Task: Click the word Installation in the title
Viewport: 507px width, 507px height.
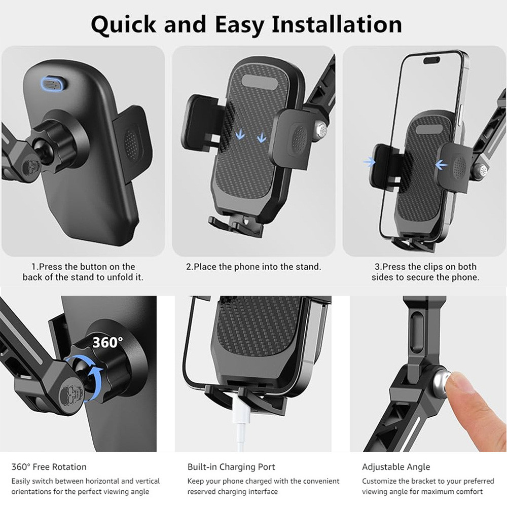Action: pos(337,24)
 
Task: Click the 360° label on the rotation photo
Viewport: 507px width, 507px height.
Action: pos(107,342)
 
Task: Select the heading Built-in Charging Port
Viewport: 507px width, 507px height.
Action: pos(231,466)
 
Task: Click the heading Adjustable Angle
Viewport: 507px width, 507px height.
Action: pos(396,466)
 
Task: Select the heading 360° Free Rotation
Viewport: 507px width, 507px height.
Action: pos(49,466)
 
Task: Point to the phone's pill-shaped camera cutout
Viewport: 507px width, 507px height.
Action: pos(431,60)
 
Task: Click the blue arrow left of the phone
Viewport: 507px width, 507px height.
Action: pos(369,162)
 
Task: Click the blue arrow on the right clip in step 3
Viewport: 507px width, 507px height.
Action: pos(441,165)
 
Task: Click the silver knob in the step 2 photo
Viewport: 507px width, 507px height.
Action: pos(321,129)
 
